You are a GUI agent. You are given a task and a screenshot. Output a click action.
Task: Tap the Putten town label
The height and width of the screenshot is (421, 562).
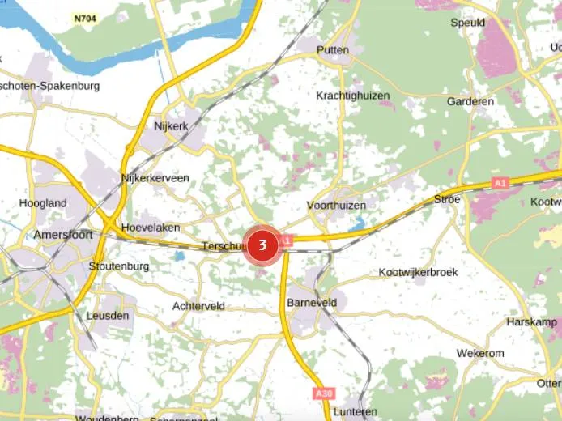point(333,50)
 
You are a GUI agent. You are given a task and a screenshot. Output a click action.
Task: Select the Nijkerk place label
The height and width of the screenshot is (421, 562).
point(171,126)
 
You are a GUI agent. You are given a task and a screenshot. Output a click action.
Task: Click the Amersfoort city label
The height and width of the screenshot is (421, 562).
point(63,235)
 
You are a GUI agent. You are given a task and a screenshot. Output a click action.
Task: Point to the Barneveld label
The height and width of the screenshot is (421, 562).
point(311,301)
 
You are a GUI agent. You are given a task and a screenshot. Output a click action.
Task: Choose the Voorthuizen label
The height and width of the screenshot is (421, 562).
point(337,206)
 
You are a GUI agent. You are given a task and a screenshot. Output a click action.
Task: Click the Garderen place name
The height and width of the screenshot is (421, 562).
point(470,102)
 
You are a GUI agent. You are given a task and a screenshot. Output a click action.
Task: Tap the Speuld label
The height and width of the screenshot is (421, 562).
point(468,23)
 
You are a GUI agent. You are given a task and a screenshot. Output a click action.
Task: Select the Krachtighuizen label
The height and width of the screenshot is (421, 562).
point(353,96)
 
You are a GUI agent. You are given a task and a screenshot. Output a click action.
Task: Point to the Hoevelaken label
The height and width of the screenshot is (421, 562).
point(151,228)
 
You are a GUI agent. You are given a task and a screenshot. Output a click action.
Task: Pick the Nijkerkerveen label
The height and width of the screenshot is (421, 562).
point(155,178)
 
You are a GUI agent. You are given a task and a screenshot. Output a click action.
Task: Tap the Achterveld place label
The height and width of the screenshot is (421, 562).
point(198,306)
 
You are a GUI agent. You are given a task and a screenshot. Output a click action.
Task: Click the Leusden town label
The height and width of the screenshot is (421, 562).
point(107,316)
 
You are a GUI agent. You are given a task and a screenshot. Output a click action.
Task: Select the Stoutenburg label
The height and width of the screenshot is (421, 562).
point(119,266)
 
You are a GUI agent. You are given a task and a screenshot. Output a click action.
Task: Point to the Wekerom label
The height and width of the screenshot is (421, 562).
point(480,353)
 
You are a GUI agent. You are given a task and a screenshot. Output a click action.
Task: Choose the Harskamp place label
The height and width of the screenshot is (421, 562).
point(531,321)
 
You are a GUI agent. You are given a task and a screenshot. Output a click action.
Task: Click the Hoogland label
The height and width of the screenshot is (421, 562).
point(43,203)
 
